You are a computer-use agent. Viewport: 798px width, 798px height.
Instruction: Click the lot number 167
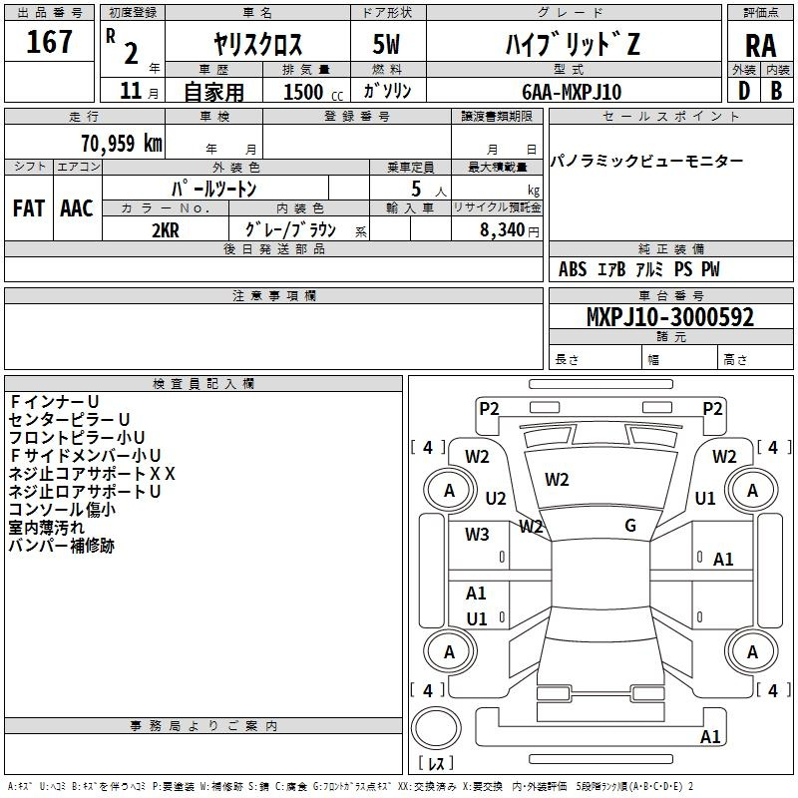point(50,42)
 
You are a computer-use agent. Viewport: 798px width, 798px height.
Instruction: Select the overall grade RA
point(760,46)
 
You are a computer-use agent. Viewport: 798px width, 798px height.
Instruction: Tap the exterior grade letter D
point(744,90)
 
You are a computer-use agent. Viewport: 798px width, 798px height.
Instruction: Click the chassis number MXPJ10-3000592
point(669,318)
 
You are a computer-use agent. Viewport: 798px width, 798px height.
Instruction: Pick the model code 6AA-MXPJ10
point(573,91)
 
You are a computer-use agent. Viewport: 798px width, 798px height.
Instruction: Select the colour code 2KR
point(166,229)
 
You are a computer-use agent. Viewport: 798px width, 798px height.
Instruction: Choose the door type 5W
point(386,46)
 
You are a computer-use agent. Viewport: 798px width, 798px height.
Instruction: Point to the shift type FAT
point(29,208)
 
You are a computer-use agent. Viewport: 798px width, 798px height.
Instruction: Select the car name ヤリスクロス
point(258,46)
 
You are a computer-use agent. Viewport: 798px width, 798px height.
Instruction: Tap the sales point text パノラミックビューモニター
point(647,162)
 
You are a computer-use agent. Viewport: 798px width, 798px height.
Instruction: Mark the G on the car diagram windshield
point(630,526)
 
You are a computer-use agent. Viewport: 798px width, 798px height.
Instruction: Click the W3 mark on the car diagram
point(477,535)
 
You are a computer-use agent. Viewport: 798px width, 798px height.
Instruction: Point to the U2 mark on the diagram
point(496,498)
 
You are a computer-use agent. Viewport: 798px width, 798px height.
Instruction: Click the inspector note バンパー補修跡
point(62,546)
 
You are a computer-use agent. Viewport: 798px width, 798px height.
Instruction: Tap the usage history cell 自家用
point(213,92)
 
